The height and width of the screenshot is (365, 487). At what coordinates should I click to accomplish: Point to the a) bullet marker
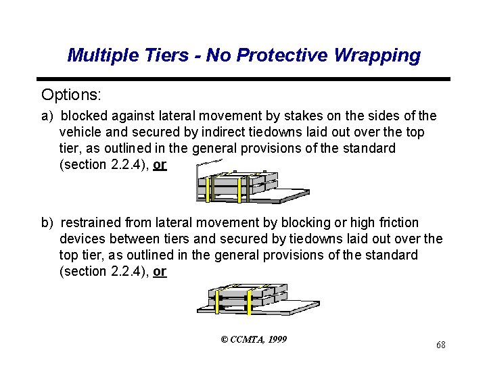tap(47, 116)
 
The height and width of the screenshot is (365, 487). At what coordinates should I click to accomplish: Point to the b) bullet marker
tap(47, 222)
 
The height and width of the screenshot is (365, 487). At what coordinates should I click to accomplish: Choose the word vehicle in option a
tap(83, 132)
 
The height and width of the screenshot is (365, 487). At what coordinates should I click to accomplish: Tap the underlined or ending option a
tap(160, 164)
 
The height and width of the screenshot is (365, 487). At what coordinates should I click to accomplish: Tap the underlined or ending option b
tap(160, 271)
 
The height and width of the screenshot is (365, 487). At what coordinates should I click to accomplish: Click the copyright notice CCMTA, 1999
tap(254, 339)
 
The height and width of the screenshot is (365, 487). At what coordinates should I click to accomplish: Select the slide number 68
tap(440, 345)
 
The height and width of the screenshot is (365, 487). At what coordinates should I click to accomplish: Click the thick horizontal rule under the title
tap(243, 79)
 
